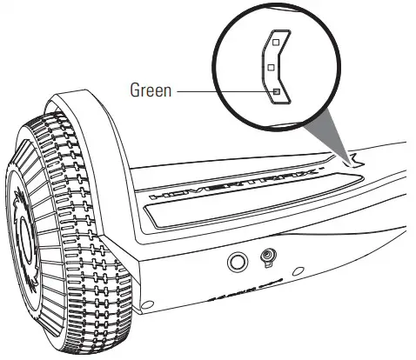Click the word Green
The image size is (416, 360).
pos(152,89)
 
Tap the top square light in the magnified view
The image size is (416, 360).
pos(275,41)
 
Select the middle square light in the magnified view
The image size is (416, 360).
pos(271,66)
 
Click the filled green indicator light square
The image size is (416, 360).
pos(275,91)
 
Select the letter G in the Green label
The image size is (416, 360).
pos(134,89)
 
